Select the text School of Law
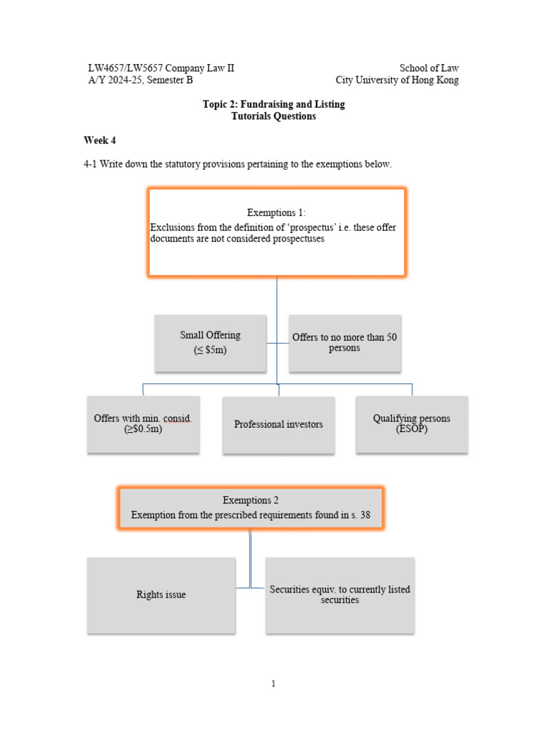pos(429,68)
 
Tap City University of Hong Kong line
pos(397,81)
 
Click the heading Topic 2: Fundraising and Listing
pos(273,104)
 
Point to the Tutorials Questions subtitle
pos(273,116)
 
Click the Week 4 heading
pos(99,140)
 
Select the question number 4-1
pos(90,164)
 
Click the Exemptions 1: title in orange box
pos(276,212)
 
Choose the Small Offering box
pos(210,342)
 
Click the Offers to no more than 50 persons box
pos(344,342)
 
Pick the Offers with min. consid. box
pos(143,423)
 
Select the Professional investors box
pos(278,424)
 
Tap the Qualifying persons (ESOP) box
pos(411,423)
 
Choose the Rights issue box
pos(161,595)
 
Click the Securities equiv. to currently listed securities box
pos(340,595)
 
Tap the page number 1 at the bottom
pos(273,684)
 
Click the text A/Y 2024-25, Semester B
pos(140,81)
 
